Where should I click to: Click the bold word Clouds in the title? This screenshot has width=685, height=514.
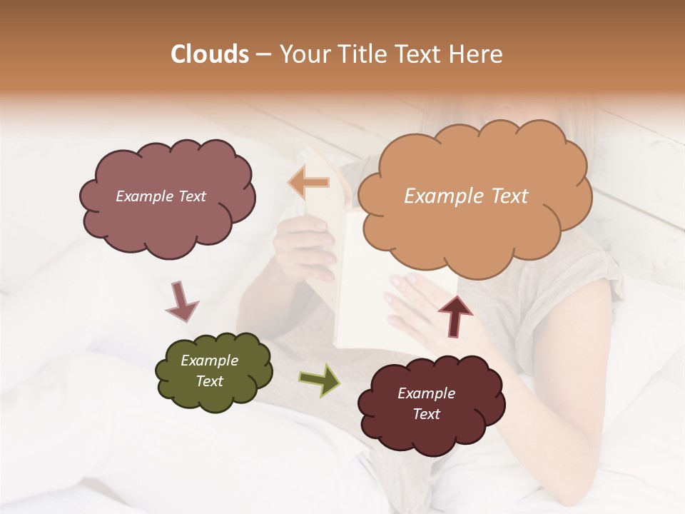point(210,54)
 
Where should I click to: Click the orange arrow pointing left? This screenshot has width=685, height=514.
point(309,183)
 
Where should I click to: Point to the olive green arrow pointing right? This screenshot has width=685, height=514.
point(319,379)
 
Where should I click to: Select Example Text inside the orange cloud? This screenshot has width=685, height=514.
point(466,196)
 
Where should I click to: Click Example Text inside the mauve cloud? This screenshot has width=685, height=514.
point(161,196)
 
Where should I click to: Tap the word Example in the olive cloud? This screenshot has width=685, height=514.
point(209,361)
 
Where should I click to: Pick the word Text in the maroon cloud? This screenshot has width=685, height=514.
point(426,414)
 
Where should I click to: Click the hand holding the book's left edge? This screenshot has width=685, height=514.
point(303,246)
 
